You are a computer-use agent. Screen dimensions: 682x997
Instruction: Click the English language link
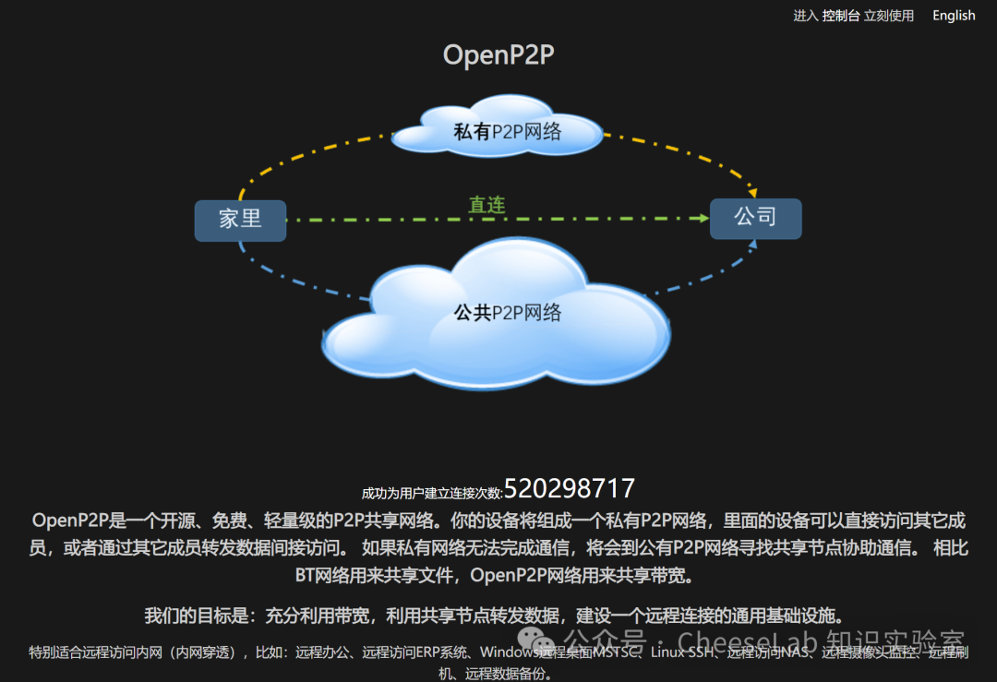954,16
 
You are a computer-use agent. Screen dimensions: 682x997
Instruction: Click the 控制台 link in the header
841,16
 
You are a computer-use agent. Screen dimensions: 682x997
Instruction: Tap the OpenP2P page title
498,55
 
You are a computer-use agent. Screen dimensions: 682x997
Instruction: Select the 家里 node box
240,220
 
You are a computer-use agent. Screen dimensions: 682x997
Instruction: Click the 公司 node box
755,218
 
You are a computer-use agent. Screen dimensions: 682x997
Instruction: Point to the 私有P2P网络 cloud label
507,132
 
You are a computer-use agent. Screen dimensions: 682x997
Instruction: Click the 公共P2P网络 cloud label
507,313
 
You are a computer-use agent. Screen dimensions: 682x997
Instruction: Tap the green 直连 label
486,205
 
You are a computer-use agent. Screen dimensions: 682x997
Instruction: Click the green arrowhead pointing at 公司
701,219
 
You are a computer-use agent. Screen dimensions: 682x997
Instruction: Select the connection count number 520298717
570,488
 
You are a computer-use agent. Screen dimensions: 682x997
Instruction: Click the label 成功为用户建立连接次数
432,493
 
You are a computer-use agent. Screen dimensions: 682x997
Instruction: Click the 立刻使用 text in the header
888,16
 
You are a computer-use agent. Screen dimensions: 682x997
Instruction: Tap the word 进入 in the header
806,16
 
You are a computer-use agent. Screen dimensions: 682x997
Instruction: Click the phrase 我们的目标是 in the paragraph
198,616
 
